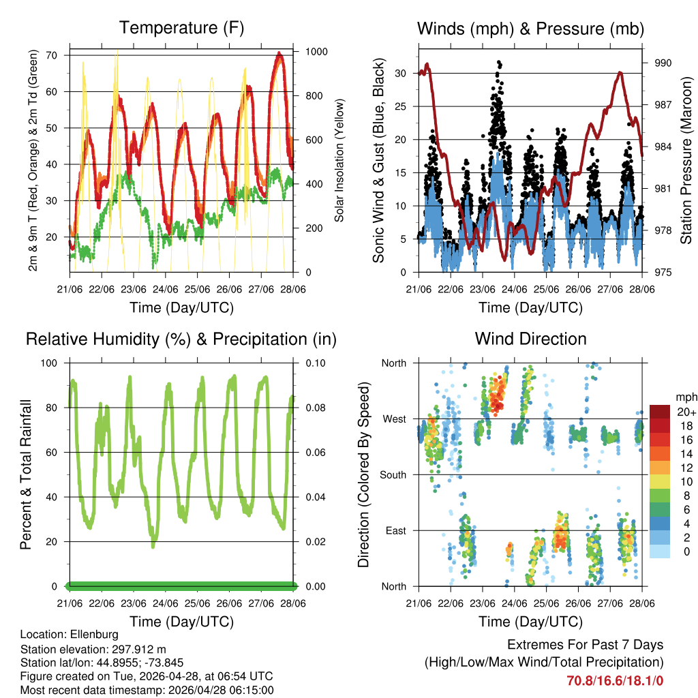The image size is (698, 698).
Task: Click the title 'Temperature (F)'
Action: tap(181, 28)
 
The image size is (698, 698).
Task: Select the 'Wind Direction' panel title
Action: tap(530, 339)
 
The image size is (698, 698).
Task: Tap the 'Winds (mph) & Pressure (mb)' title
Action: tap(530, 29)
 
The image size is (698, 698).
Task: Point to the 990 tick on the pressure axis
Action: tap(663, 63)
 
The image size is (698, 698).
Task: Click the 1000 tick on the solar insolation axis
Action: tap(317, 52)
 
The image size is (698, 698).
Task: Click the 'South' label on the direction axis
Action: tap(393, 474)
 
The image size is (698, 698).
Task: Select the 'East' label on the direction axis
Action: tap(395, 530)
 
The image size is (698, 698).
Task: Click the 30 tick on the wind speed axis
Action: tap(401, 74)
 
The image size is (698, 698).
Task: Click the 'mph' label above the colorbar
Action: tap(685, 397)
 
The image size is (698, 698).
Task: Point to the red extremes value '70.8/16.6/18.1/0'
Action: tap(615, 680)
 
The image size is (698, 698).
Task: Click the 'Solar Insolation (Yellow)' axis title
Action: tap(338, 161)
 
